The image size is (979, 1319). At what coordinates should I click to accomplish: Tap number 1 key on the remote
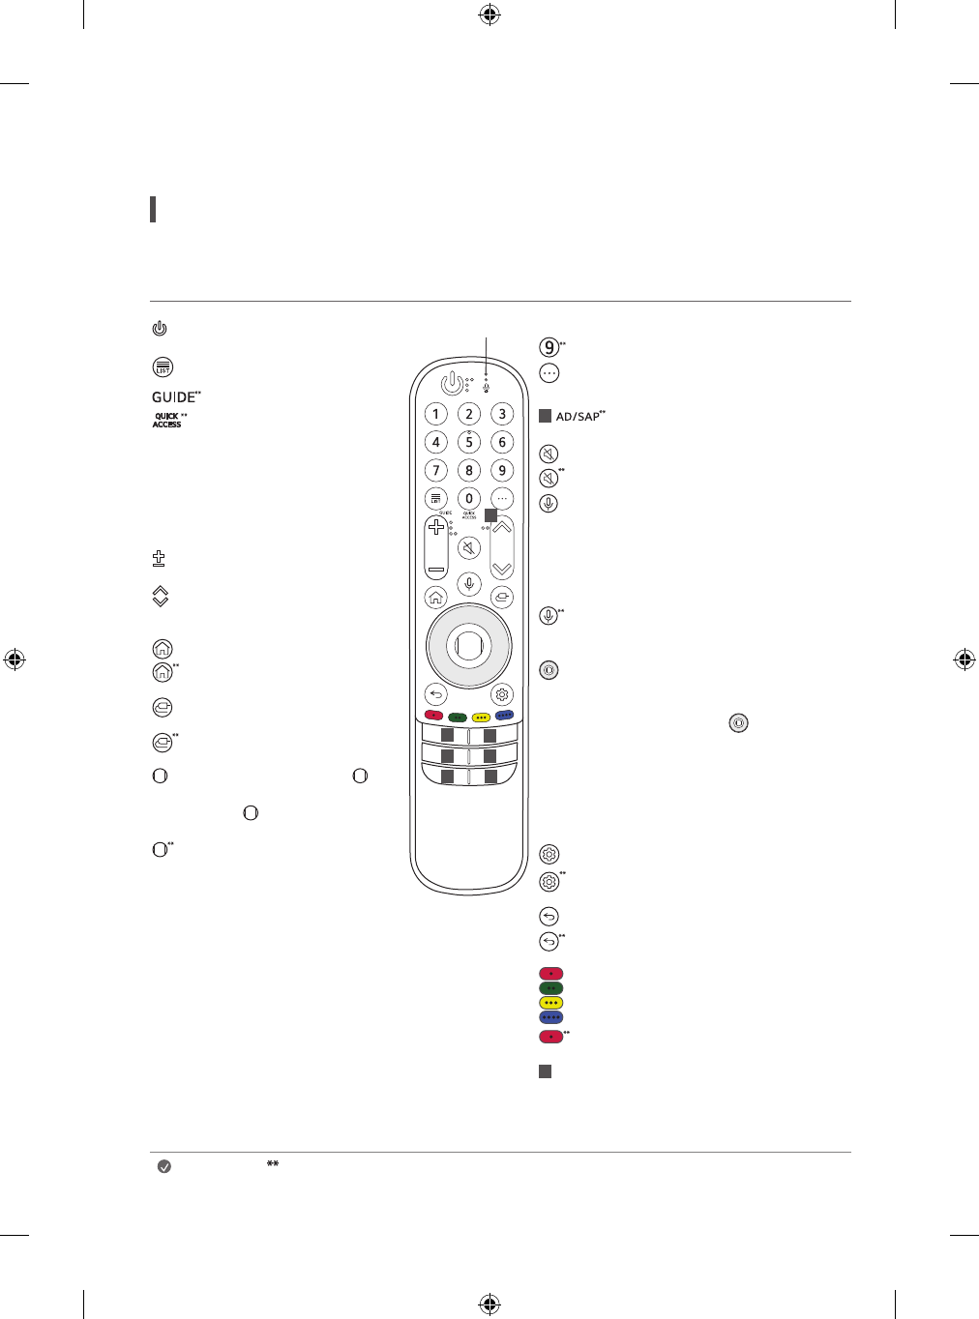(x=436, y=414)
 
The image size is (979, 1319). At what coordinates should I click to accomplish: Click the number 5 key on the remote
(x=469, y=442)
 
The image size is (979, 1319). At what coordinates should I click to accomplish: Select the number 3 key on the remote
(x=502, y=414)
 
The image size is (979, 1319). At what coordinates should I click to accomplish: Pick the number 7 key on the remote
(x=436, y=470)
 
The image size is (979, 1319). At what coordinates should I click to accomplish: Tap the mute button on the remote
(x=469, y=549)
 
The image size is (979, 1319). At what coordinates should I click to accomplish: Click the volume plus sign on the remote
(x=436, y=527)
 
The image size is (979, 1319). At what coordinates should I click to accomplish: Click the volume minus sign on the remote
(x=436, y=570)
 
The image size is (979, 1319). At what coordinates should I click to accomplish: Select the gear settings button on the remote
(x=502, y=694)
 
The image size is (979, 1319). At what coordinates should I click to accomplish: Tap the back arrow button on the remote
(x=436, y=694)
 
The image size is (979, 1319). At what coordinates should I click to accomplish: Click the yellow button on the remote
(x=481, y=717)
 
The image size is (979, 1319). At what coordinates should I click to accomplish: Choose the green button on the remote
(x=458, y=717)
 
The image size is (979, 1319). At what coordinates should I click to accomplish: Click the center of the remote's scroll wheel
(x=468, y=646)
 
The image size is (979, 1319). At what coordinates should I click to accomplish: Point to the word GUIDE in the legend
(x=174, y=397)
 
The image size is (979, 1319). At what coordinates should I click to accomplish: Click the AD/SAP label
(x=578, y=417)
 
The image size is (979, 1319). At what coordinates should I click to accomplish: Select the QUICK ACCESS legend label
(x=167, y=421)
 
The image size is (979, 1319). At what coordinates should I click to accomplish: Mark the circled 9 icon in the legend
(x=549, y=348)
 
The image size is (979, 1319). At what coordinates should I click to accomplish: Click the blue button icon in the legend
(x=550, y=1017)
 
